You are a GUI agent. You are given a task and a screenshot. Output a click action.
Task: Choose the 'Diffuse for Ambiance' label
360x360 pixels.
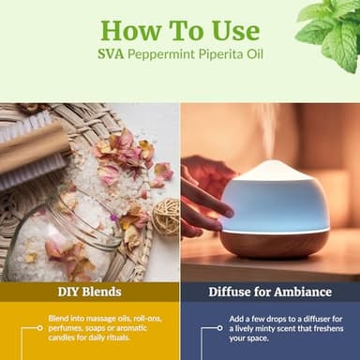[x=270, y=292]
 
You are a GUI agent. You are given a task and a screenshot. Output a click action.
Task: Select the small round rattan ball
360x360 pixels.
[x=166, y=217]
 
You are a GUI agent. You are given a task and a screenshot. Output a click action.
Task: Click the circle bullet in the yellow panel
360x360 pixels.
[x=39, y=327]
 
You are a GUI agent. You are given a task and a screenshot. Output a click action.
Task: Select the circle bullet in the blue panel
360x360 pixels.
[x=217, y=328]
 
